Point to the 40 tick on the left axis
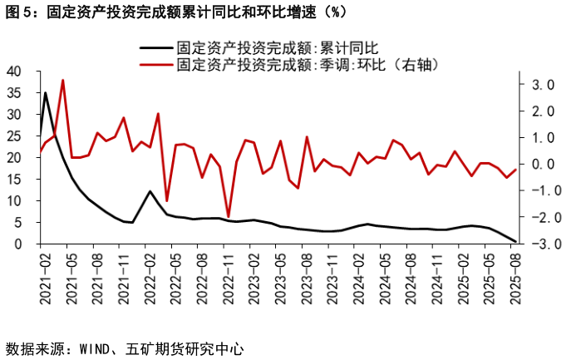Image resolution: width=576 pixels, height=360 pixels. point(14,72)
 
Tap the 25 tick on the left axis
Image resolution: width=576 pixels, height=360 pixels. point(14,136)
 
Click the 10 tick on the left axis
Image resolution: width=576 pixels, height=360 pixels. point(14,201)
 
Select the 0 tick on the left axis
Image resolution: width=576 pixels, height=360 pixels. point(17,244)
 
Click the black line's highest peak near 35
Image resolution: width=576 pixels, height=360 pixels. point(45,92)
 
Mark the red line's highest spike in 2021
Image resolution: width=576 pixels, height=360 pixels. point(63,81)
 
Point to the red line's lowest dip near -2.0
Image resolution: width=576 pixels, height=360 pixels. point(229,217)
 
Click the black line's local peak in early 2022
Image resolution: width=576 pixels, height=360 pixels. point(150,191)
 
